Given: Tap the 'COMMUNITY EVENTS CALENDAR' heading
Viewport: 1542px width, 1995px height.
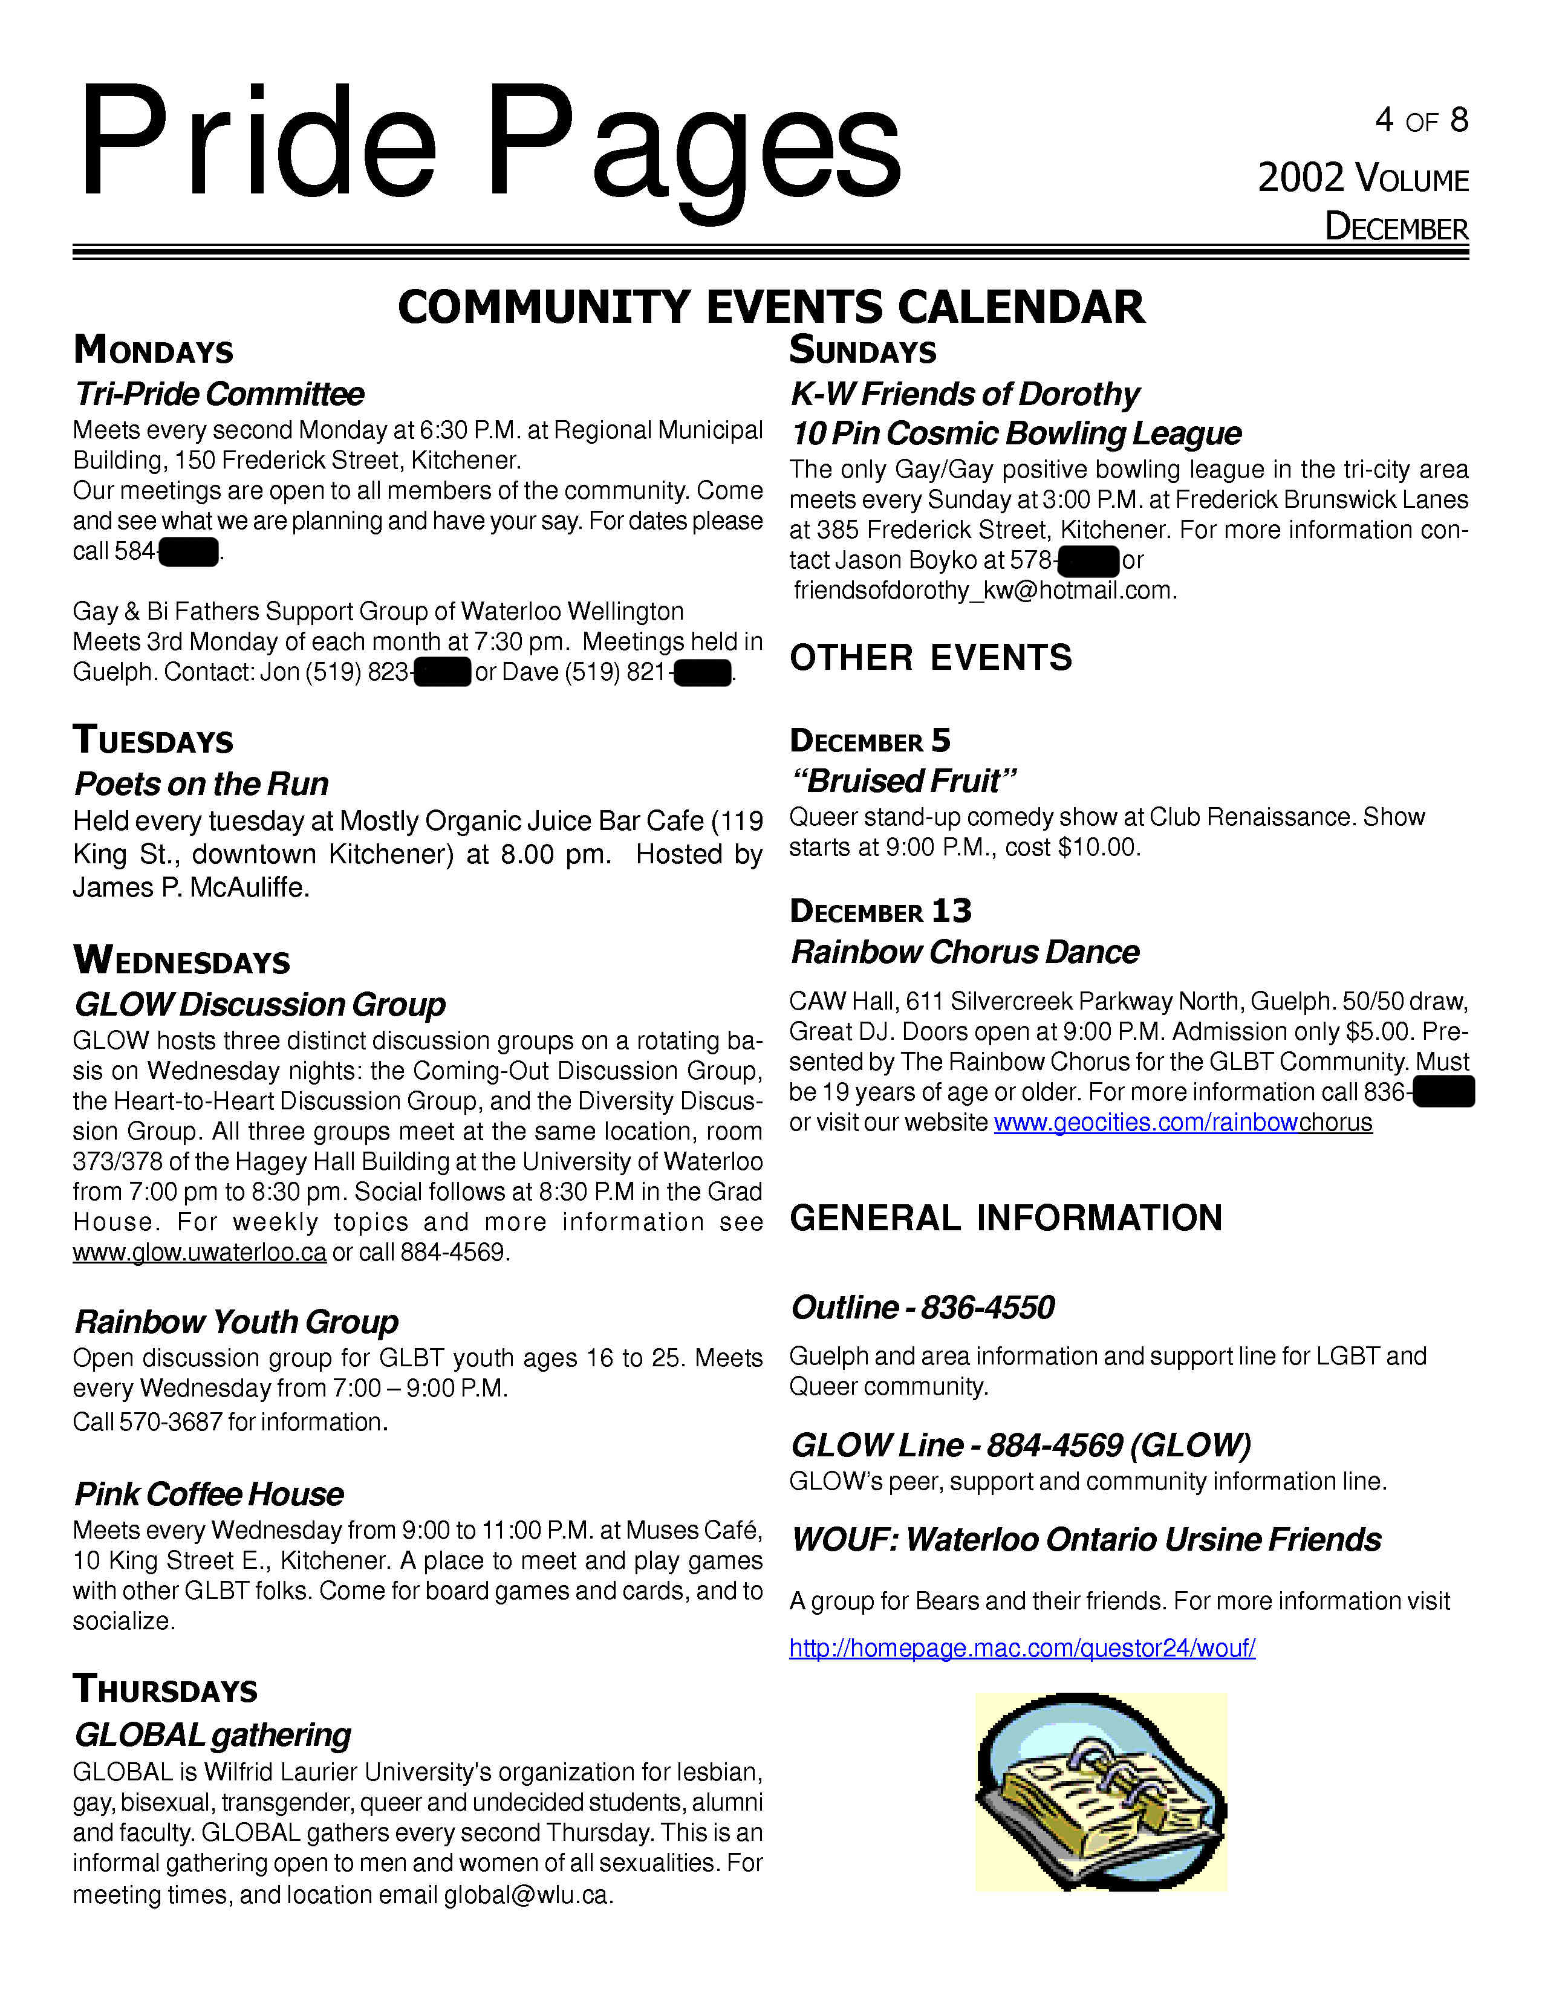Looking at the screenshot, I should [770, 307].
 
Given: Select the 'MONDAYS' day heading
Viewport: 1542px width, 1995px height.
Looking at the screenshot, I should [154, 351].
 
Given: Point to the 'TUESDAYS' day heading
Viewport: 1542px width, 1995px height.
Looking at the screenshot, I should [154, 741].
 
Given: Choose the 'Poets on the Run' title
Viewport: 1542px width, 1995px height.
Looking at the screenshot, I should [201, 783].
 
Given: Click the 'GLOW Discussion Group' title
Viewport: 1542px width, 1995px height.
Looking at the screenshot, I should [259, 1005].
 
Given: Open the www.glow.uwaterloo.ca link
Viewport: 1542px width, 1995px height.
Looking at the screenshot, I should [199, 1253].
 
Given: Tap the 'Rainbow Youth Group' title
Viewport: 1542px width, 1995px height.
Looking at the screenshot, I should [236, 1322].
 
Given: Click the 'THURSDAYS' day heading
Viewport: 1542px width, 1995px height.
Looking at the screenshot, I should [165, 1690].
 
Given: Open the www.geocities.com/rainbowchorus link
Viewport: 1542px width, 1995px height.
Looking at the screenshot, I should [1182, 1123].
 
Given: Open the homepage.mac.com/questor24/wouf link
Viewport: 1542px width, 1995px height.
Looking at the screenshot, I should [1021, 1648].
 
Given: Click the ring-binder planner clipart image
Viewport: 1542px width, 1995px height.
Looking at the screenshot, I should [1101, 1792].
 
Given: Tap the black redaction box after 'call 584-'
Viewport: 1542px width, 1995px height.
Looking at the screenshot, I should [188, 553].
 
